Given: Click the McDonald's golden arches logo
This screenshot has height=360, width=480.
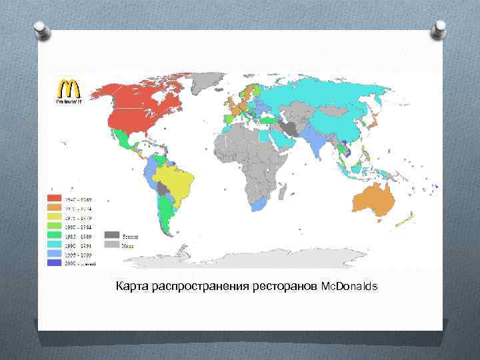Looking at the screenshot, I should (66, 89).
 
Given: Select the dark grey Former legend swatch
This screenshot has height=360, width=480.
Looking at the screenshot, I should (111, 235).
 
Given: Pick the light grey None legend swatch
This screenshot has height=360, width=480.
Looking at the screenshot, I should (111, 245).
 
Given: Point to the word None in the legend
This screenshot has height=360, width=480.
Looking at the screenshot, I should (127, 245).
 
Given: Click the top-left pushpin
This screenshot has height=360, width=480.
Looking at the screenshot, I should (41, 29).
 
